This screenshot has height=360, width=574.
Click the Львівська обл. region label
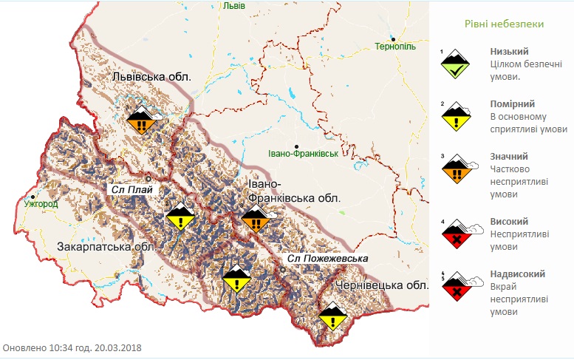coord(151,76)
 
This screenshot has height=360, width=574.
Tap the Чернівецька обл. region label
coord(382,285)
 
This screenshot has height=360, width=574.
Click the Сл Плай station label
coord(131,189)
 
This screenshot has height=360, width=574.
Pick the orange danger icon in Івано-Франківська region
coord(256,220)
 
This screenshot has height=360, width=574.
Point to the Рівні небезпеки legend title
coord(505,24)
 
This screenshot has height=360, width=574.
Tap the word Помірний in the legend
coord(513,104)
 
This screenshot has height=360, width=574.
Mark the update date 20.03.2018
coord(117,347)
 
